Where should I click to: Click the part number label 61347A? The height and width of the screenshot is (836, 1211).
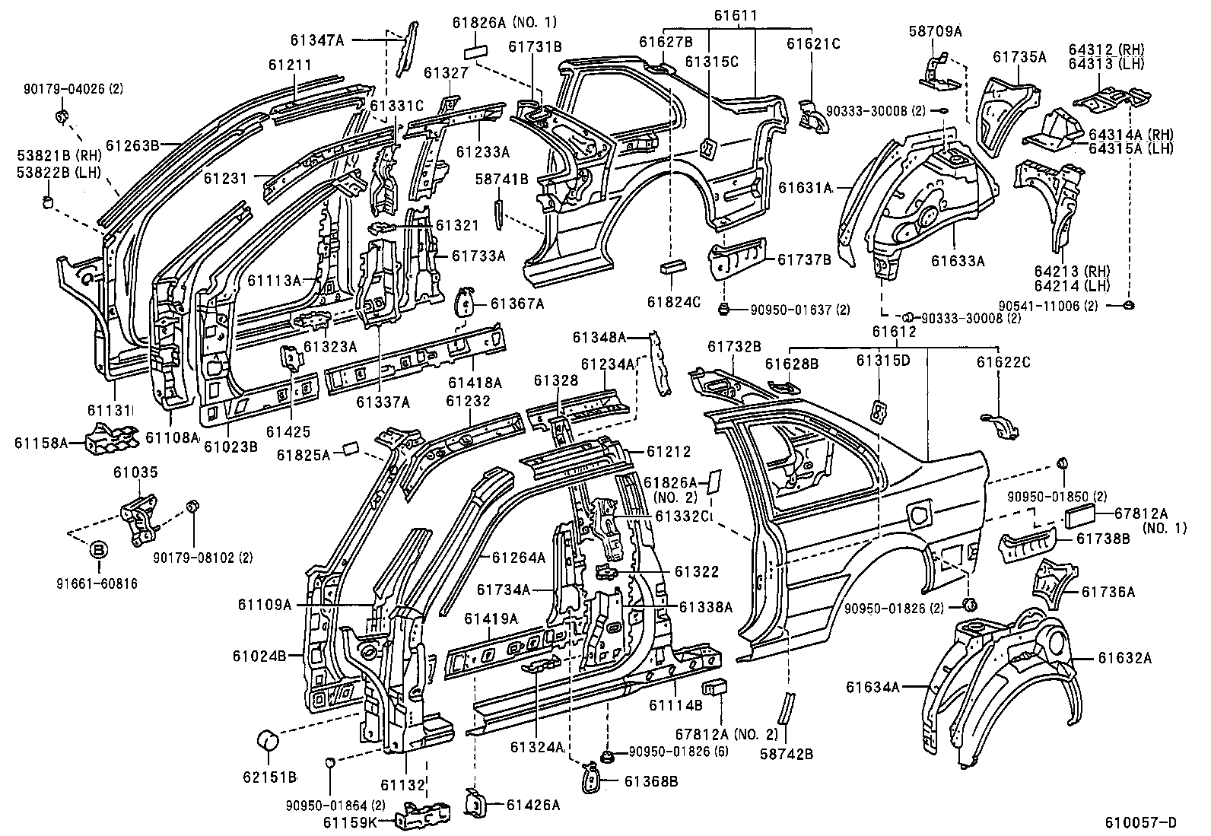(x=317, y=40)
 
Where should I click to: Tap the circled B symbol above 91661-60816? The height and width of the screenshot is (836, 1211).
(x=98, y=549)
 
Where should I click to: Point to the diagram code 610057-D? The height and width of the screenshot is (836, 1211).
(x=1140, y=822)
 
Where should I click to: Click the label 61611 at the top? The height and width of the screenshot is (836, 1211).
(x=734, y=16)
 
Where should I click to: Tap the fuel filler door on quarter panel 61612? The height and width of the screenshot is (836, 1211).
(x=919, y=510)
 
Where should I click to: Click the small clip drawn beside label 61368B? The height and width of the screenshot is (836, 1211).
(x=590, y=780)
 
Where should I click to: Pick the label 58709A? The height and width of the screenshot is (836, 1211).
(x=935, y=31)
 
